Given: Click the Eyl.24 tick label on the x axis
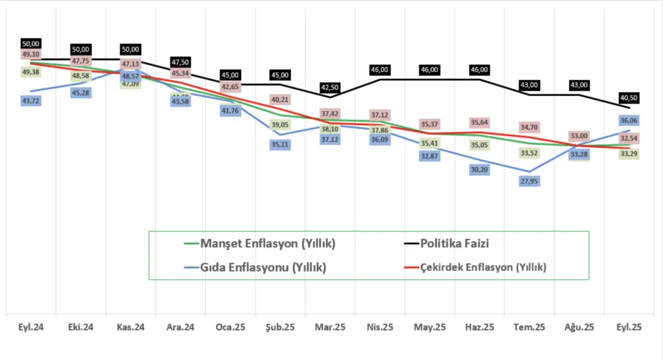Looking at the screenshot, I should coord(31,328).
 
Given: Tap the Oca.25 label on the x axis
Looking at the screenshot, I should coord(230,328).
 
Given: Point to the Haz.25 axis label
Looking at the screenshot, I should coord(479,328).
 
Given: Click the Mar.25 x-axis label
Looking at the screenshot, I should coord(330,328).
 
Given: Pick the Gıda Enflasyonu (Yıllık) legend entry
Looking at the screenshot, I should coord(263,267).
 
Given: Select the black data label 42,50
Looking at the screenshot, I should coord(330,88).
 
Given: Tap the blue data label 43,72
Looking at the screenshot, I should coord(31,101).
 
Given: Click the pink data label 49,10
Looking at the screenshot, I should coord(31,54).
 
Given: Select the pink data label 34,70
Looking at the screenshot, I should coord(529,128).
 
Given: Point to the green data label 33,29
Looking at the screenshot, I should coord(629,153).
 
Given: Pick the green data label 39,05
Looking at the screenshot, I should coord(280,124).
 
